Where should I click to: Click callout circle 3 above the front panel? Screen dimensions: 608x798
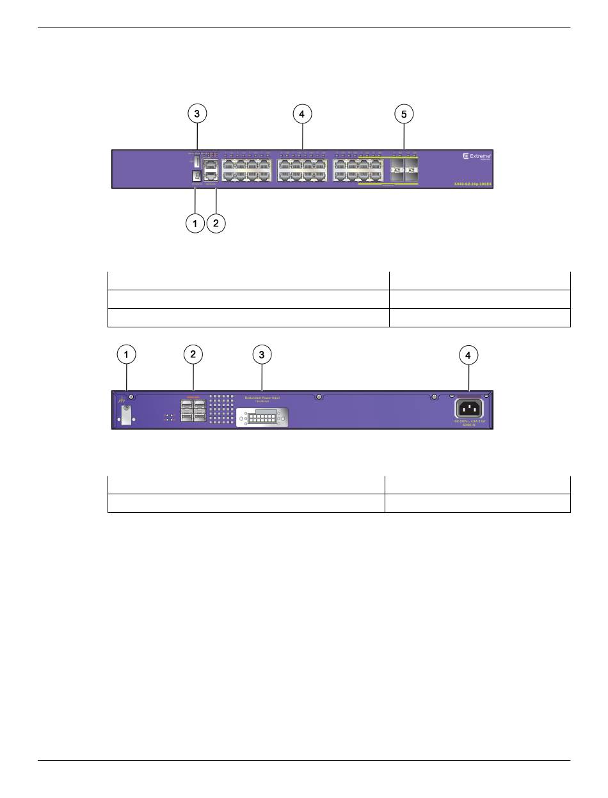(x=196, y=114)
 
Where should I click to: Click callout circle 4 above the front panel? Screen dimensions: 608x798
(x=302, y=114)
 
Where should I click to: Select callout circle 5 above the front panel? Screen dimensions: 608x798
(x=404, y=114)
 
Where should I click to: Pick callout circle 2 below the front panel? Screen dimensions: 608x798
(x=216, y=223)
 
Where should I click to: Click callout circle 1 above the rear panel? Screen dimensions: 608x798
(x=126, y=354)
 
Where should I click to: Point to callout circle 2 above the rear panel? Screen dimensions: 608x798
(x=193, y=354)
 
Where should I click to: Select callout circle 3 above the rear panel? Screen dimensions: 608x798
(x=262, y=354)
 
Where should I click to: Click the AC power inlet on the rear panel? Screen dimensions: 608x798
(x=469, y=409)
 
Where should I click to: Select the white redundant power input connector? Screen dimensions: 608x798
(x=263, y=418)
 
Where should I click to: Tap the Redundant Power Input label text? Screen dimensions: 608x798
(x=262, y=397)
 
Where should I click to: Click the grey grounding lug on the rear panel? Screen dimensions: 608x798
(x=126, y=414)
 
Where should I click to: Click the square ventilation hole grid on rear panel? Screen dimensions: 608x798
(x=220, y=410)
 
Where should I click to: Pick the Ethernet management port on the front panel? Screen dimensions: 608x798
(x=211, y=164)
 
